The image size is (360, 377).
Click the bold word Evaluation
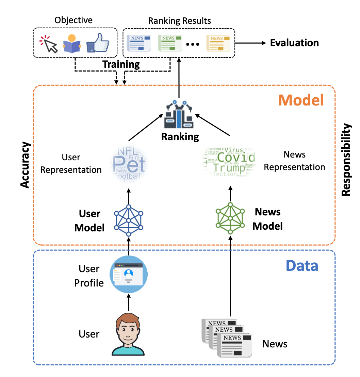pyautogui.click(x=294, y=43)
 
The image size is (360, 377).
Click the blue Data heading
pyautogui.click(x=302, y=265)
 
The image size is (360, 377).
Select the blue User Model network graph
pyautogui.click(x=129, y=220)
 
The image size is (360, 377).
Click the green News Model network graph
pyautogui.click(x=230, y=218)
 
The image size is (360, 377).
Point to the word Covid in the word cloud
pyautogui.click(x=236, y=158)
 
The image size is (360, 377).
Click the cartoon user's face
pyautogui.click(x=128, y=328)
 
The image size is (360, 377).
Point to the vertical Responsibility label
pyautogui.click(x=346, y=160)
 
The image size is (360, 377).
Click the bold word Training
pyautogui.click(x=121, y=64)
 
